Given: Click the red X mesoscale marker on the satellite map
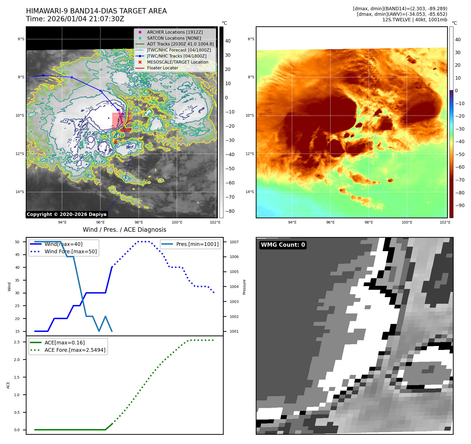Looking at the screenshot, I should (x=115, y=142).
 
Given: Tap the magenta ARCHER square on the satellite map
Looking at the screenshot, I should (x=122, y=114).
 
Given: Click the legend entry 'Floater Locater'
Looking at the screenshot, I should (x=162, y=68).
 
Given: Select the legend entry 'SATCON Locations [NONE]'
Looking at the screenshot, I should (x=174, y=38).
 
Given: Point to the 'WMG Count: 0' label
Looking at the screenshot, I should (x=283, y=245).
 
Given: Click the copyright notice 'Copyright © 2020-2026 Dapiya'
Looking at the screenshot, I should (x=66, y=214).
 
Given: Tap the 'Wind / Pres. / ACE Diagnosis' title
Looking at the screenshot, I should (x=124, y=230).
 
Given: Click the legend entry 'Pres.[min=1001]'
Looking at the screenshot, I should (x=197, y=244).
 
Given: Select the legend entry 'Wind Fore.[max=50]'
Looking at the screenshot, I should (x=70, y=251).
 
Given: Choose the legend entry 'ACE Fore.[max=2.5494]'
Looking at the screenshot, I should (x=75, y=350).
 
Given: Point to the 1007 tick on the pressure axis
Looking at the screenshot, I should (x=234, y=242).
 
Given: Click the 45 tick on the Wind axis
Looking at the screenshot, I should (x=17, y=255).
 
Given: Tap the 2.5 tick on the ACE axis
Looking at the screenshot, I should (x=17, y=342).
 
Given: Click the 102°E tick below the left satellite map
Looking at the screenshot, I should (x=215, y=223).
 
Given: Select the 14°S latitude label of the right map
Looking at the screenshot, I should (x=250, y=192).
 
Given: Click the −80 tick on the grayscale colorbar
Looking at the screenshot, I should (x=230, y=211).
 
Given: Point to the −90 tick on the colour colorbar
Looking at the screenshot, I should (x=460, y=205).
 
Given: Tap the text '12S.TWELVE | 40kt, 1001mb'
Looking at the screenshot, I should (x=414, y=20).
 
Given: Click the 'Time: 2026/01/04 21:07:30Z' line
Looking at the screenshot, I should (x=75, y=19).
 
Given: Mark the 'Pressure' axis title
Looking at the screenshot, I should (x=244, y=287).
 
